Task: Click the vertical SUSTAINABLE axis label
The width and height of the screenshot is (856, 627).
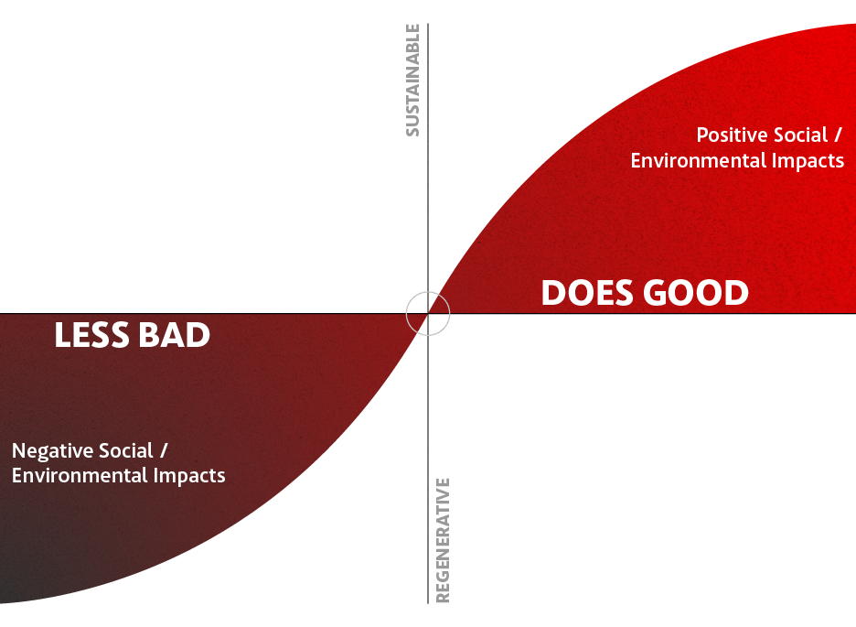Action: (412, 80)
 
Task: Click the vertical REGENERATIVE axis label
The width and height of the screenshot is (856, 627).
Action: (443, 541)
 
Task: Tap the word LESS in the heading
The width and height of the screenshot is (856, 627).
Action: (91, 335)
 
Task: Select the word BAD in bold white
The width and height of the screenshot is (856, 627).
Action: (174, 335)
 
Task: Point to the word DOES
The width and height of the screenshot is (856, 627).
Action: (587, 293)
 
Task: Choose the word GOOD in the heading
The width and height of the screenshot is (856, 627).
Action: (696, 293)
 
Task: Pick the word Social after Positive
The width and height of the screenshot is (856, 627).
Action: (801, 135)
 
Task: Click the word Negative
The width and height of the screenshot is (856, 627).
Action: (48, 451)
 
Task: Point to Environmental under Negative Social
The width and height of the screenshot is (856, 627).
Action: (80, 475)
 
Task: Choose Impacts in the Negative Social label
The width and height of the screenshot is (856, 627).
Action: (189, 476)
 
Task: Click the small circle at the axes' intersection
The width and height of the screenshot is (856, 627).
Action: (428, 292)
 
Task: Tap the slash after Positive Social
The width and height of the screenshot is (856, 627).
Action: (838, 135)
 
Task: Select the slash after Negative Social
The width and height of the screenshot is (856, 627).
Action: (164, 450)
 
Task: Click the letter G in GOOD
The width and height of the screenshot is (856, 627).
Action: (657, 293)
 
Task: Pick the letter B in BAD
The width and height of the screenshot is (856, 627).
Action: (149, 335)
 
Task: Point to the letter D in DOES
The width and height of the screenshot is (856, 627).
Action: (553, 293)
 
